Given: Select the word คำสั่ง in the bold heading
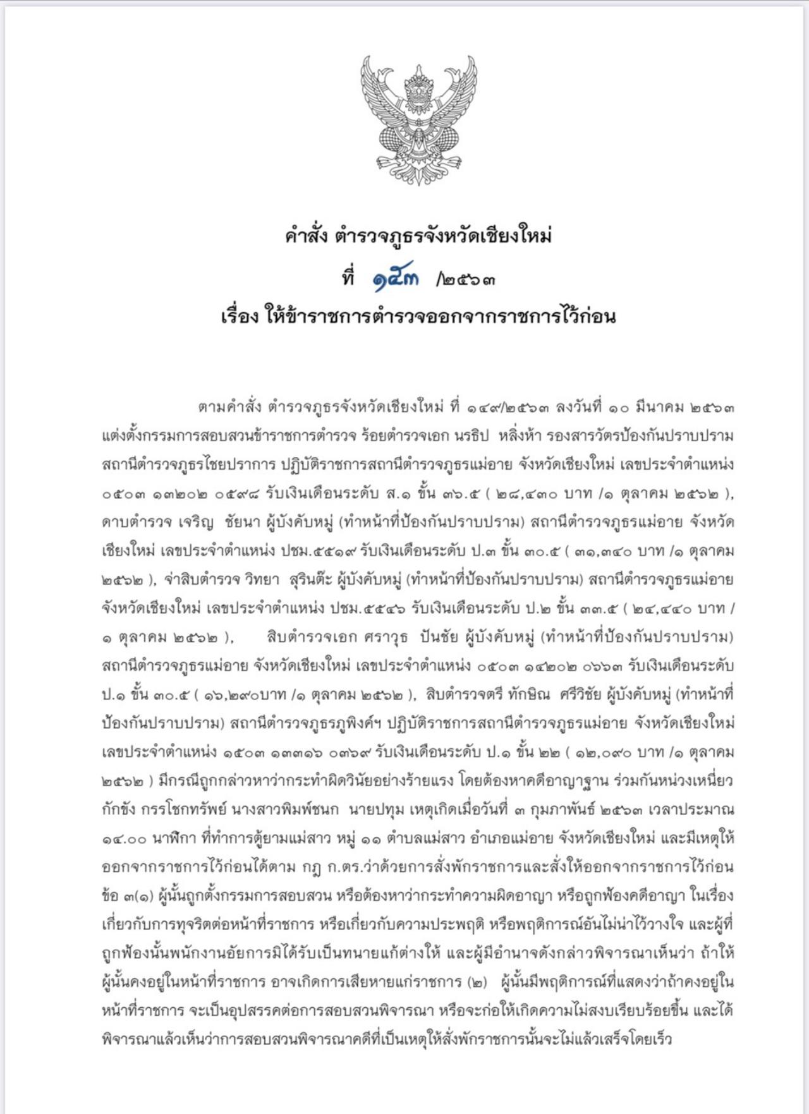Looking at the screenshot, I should coord(306,236).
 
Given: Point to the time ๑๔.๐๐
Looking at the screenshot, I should coord(124,839).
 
